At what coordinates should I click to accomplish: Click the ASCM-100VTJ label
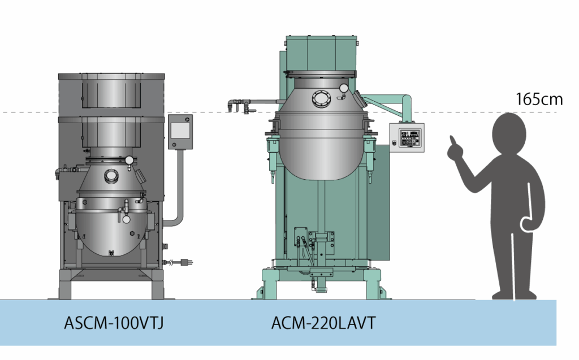(x=114, y=323)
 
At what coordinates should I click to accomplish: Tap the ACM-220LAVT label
(x=323, y=323)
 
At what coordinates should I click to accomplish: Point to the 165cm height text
(x=539, y=99)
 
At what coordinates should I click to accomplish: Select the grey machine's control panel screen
(x=180, y=131)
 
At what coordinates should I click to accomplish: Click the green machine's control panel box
(x=407, y=137)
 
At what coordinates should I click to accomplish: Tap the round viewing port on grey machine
(x=110, y=176)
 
